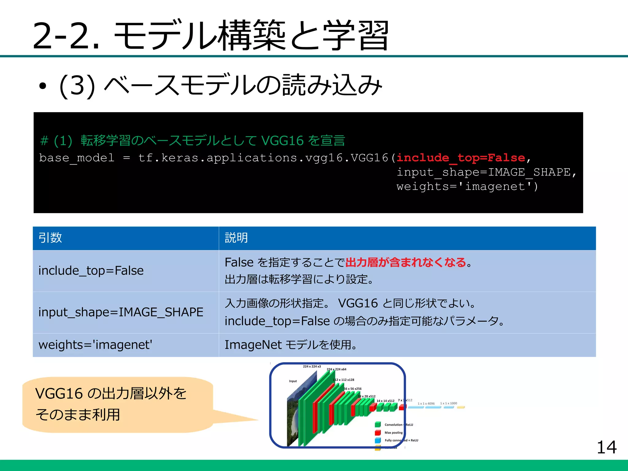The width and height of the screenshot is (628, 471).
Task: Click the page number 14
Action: point(606,447)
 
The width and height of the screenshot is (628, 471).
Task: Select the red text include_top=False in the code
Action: point(461,158)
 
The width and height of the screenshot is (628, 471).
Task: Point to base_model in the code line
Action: point(77,158)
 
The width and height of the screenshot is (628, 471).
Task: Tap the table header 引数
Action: point(50,238)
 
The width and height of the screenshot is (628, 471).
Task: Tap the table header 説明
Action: point(236,238)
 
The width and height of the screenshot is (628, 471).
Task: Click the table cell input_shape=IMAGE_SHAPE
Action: point(121,312)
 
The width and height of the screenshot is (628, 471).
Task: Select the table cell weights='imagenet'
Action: point(95,345)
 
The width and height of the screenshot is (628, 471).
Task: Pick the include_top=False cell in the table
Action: point(91,270)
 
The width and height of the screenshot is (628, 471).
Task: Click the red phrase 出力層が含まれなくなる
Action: point(405,262)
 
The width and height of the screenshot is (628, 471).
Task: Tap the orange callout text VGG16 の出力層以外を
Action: point(111,393)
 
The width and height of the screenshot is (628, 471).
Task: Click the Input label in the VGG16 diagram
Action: point(293,381)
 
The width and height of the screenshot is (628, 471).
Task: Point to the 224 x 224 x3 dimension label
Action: point(312,366)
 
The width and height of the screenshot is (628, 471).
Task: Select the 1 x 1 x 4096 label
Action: point(426,404)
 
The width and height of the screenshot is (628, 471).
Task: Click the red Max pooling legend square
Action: point(378,433)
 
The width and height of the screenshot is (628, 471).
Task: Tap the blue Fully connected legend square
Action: point(378,440)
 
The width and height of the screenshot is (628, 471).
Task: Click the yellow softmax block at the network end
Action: point(461,408)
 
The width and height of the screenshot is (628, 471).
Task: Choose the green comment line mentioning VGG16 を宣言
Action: point(193,141)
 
